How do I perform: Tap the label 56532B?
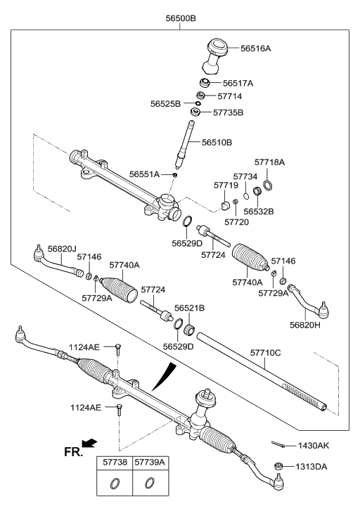coord(259,211)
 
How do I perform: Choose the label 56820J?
coord(62,249)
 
